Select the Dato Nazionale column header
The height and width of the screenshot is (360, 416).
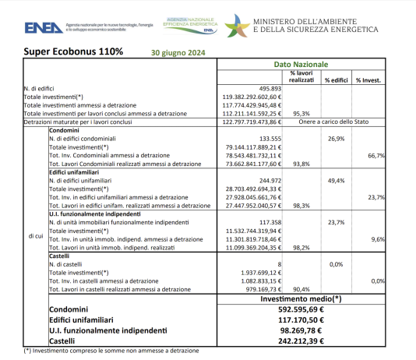(301, 65)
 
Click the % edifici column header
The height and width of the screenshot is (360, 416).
(336, 80)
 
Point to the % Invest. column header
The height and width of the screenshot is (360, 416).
(369, 80)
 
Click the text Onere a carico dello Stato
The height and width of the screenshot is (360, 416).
(335, 122)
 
